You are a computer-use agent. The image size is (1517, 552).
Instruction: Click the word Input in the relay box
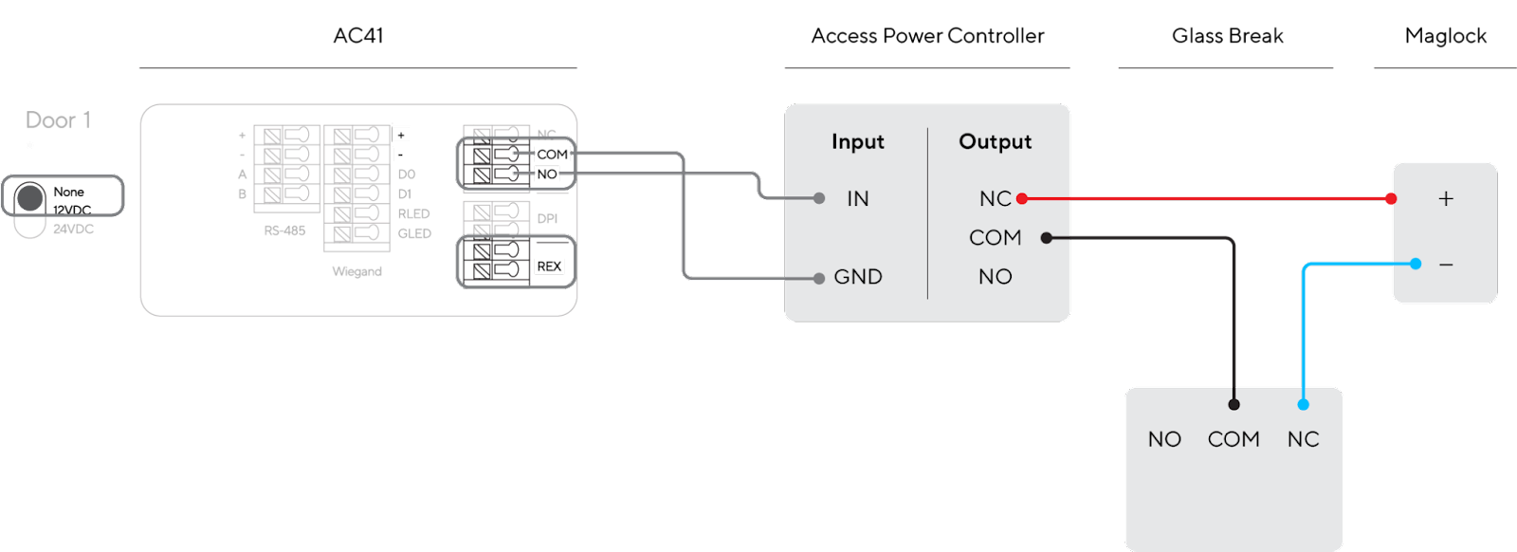pos(857,142)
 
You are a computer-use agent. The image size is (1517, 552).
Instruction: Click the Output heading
pos(995,142)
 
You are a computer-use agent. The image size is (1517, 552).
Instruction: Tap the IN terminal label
pos(857,198)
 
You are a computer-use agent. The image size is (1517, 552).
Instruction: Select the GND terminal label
pos(858,277)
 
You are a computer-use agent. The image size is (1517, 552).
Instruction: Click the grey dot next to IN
pos(819,198)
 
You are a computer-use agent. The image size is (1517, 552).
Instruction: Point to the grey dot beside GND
pos(819,278)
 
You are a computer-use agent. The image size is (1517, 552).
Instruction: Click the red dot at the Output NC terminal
pos(1022,198)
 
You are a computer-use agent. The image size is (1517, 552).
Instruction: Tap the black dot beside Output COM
pos(1047,238)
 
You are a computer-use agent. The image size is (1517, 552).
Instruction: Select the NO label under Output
pos(995,277)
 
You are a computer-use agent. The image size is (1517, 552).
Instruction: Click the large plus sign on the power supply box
pos(1446,198)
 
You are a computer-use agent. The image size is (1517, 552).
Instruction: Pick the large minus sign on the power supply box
pos(1446,265)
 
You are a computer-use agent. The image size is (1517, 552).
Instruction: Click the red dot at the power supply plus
pos(1391,198)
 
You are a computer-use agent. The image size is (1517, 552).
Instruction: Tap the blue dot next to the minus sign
pos(1416,264)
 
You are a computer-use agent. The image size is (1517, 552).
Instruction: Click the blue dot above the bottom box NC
pos(1304,404)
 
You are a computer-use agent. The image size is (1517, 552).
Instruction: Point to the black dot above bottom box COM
pos(1234,404)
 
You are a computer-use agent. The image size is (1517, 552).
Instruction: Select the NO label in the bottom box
pos(1164,439)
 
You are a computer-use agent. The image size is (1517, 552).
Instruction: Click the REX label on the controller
pos(550,267)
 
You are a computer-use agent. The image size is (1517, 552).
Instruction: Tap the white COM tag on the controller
pos(552,155)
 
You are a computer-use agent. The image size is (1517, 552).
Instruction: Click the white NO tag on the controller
pos(547,175)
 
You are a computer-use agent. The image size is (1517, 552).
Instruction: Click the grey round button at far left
pos(30,198)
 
